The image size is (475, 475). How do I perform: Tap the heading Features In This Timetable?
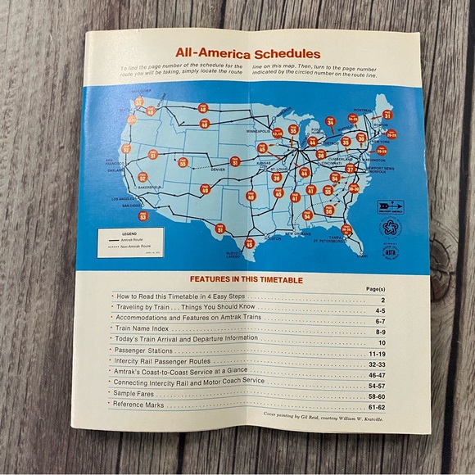(x=246, y=279)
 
